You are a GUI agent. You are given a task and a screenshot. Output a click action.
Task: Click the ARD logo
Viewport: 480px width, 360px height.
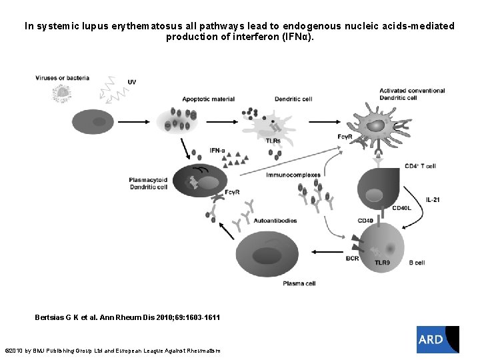pos(437,339)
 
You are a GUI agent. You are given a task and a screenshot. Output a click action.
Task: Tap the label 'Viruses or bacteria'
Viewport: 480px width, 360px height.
pos(62,78)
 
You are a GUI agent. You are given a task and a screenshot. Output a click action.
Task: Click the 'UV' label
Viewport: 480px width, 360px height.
pos(131,82)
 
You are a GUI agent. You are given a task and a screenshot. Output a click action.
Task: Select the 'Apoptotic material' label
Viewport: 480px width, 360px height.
pos(208,99)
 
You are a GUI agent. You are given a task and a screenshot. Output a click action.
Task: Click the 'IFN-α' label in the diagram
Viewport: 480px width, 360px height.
pos(218,151)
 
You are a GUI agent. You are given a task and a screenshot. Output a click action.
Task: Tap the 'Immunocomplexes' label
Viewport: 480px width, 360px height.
pos(293,175)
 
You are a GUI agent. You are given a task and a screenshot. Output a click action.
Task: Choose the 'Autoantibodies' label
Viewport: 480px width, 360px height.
pos(275,220)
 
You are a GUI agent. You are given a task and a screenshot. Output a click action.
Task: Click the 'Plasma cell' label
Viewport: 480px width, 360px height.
pos(299,283)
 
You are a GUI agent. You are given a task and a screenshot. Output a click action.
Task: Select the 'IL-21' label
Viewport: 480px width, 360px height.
pos(433,199)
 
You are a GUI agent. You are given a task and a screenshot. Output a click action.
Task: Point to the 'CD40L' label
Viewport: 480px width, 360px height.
pos(401,208)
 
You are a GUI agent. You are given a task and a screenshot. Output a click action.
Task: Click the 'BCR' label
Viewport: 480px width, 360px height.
pos(352,258)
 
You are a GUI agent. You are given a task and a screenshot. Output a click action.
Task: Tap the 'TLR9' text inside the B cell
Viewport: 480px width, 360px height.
pos(382,263)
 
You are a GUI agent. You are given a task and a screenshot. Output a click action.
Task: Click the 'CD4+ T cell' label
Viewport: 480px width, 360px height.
pos(420,166)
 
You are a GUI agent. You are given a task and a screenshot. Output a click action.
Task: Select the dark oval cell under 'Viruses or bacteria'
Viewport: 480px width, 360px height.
pos(97,122)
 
